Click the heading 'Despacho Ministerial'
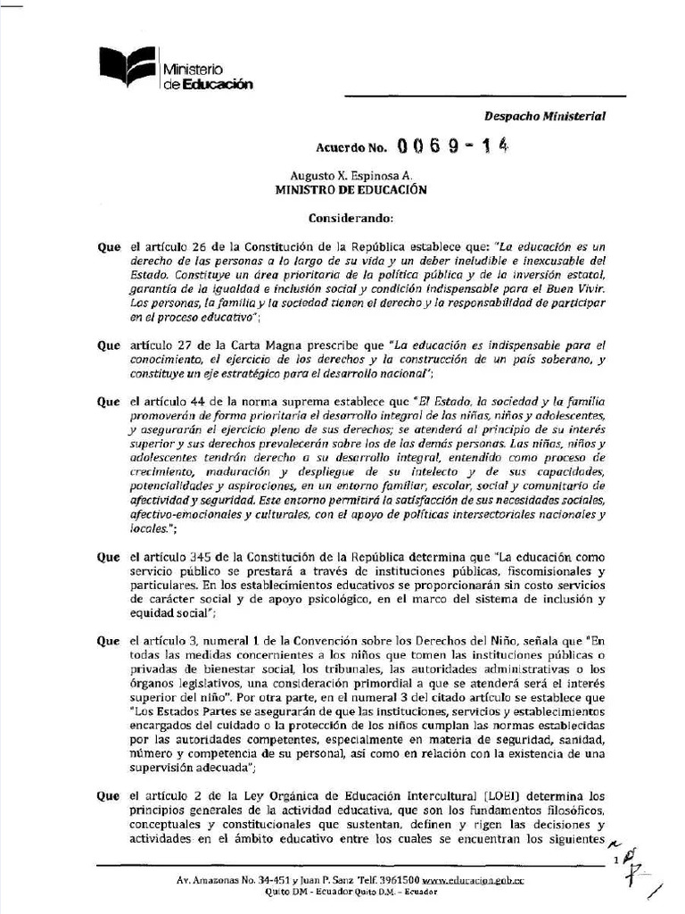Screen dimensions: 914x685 pos(544,116)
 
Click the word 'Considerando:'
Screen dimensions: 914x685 pos(343,218)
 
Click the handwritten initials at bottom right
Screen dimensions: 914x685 pos(633,870)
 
